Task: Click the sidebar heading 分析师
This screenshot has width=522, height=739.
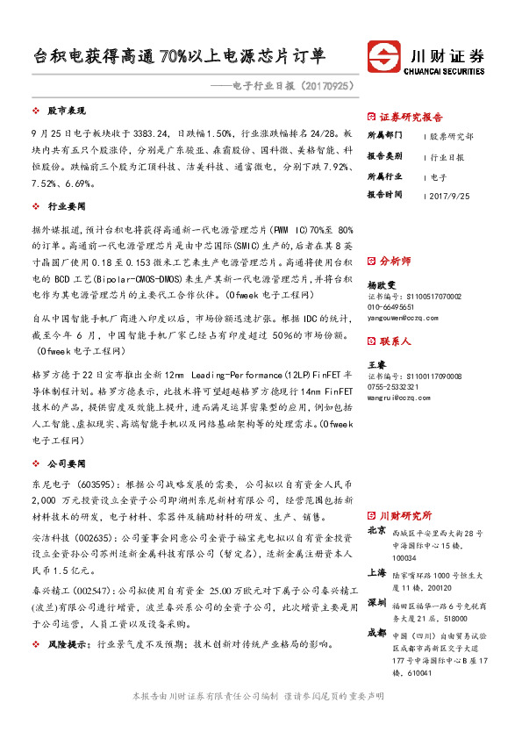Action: [x=399, y=261]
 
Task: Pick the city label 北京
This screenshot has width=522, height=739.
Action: [x=377, y=531]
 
